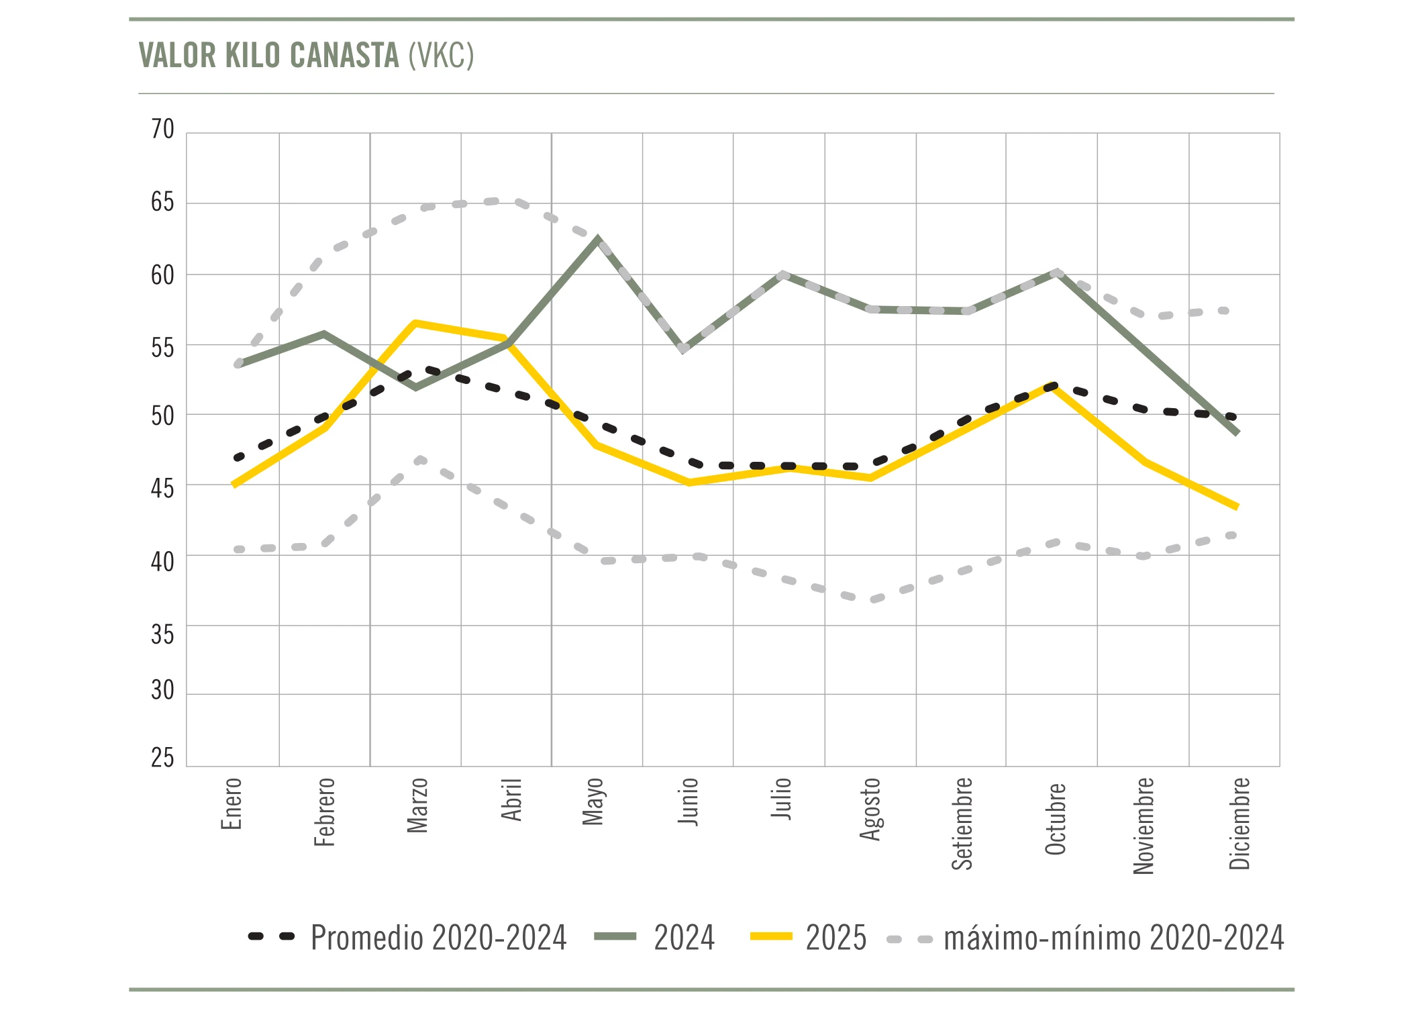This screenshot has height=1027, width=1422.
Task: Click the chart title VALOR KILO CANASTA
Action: coord(306,55)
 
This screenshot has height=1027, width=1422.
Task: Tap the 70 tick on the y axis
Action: coord(162,129)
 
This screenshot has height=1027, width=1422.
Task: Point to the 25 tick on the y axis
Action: coord(162,758)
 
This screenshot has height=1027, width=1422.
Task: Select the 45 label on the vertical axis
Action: coord(162,488)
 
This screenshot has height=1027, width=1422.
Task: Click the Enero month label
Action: coord(232,803)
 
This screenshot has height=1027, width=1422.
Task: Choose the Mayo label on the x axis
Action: coord(593,801)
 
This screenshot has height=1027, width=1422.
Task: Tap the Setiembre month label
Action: coord(962,823)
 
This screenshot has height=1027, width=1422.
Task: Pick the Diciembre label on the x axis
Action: coord(1239,823)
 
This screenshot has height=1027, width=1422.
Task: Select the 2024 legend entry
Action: coord(684,938)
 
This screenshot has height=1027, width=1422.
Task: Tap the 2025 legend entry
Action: coord(835,938)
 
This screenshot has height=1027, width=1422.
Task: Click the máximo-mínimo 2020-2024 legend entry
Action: coord(1113,938)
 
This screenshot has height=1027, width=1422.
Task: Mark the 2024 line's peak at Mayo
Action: coord(597,240)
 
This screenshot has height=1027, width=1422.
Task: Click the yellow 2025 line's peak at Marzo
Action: coord(415,323)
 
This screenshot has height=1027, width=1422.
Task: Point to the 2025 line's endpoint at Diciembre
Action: coord(1236,507)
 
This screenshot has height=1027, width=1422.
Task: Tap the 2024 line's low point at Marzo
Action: coord(416,387)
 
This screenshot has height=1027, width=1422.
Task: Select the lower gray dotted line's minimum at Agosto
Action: coord(872,599)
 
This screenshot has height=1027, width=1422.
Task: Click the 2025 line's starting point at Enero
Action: coord(234,485)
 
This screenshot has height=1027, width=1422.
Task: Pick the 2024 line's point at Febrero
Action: coord(324,334)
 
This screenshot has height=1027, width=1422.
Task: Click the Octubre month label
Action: coord(1056,819)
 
